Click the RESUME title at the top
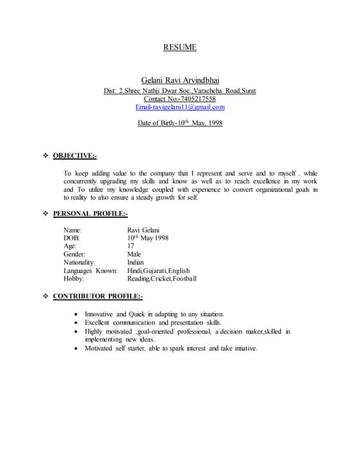coord(180,48)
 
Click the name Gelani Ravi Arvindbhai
coord(180,80)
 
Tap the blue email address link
coord(180,107)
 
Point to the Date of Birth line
coord(180,123)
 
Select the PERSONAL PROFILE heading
coord(90,214)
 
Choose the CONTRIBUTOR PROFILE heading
coord(97,296)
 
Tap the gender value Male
coord(135,254)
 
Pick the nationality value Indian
coord(136,262)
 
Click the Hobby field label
coord(74,278)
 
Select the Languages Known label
coord(90,270)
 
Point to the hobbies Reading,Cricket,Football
coord(161,278)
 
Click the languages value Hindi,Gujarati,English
coord(159,270)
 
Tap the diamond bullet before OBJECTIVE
coord(47,155)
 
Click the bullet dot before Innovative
coord(77,315)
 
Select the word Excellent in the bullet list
coord(99,323)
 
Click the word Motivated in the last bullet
coord(100,348)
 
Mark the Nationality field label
coord(80,262)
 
